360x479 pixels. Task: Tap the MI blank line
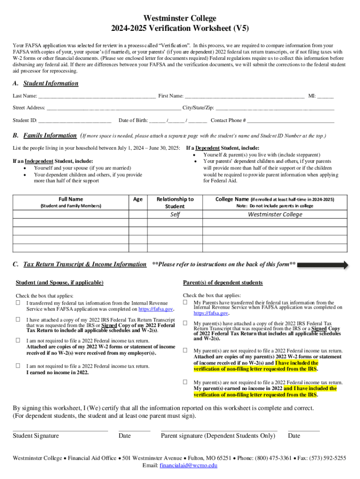pos(325,97)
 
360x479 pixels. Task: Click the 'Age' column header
pos(138,199)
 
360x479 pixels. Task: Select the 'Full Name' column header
pos(71,199)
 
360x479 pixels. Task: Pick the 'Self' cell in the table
pos(175,215)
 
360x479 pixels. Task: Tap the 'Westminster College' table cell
pos(275,215)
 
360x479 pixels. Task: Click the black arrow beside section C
pos(323,265)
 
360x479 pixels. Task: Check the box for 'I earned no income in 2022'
pos(18,366)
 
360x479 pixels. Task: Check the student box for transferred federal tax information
pos(18,303)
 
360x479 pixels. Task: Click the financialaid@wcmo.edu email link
pos(188,466)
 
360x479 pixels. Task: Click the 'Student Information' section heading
pos(51,84)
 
